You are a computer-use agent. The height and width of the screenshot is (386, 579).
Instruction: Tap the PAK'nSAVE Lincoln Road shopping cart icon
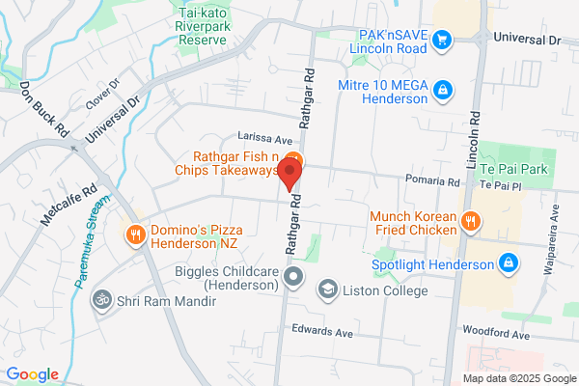pyautogui.click(x=443, y=39)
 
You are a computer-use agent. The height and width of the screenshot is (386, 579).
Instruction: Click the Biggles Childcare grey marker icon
pyautogui.click(x=295, y=279)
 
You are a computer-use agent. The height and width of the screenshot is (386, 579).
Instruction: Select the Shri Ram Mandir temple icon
pyautogui.click(x=97, y=301)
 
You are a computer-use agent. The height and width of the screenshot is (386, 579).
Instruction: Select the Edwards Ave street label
pyautogui.click(x=323, y=331)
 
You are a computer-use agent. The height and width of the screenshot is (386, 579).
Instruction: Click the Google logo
pyautogui.click(x=32, y=374)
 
